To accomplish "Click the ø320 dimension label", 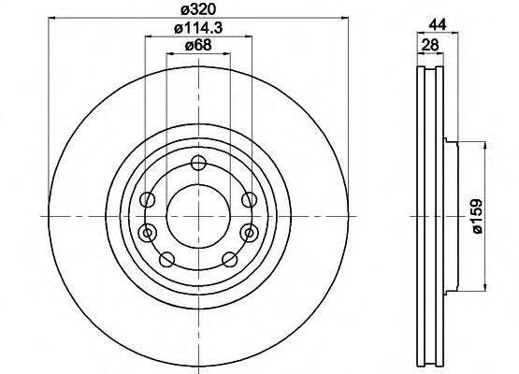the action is tap(198, 10).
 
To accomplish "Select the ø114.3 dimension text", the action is tap(198, 28).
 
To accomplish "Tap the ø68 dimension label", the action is tap(198, 45).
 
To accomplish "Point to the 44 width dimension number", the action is tap(438, 24).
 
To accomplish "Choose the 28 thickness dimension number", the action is tap(430, 44).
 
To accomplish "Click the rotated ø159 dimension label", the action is tap(477, 216).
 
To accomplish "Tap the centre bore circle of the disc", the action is tap(198, 217).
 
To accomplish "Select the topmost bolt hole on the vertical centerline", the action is tap(198, 164).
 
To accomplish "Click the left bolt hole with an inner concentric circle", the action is tap(148, 234).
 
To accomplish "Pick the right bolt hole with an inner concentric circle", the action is tap(250, 234).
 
